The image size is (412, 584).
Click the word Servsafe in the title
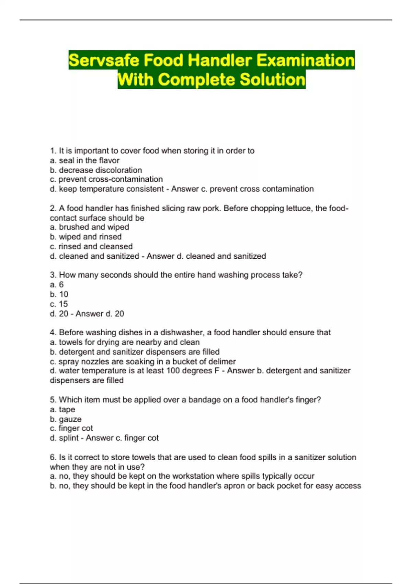[x=104, y=60]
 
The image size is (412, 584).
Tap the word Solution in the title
[x=272, y=79]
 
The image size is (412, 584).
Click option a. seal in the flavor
[x=84, y=160]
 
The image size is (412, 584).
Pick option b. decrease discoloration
[x=96, y=170]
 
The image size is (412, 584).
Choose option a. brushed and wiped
[x=89, y=227]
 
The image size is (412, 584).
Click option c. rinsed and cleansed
[x=91, y=246]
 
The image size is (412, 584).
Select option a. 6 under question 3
[x=57, y=284]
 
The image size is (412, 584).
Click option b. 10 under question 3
[x=59, y=294]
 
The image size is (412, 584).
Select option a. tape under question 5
[x=62, y=409]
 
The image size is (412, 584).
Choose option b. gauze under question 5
[x=66, y=419]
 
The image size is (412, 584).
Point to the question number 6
[x=53, y=457]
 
